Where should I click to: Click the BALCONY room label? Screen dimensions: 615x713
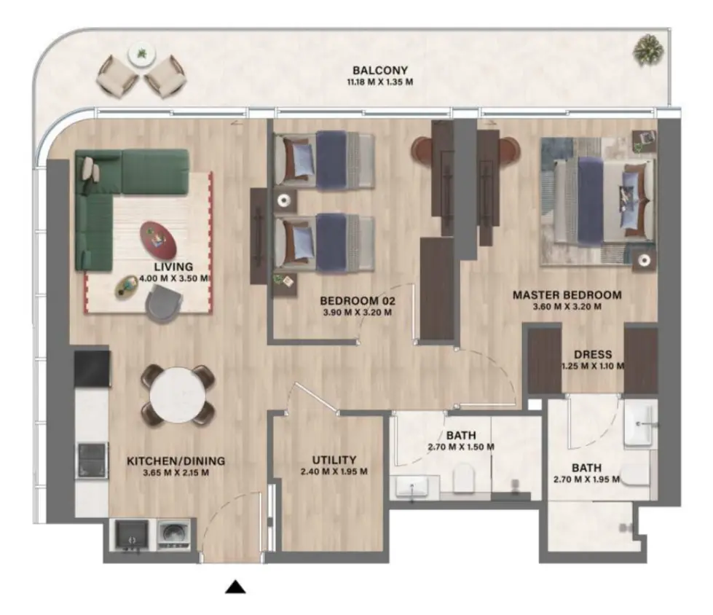click(379, 70)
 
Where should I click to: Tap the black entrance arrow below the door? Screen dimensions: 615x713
click(235, 587)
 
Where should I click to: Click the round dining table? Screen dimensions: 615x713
click(178, 393)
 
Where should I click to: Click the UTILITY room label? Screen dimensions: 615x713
click(334, 460)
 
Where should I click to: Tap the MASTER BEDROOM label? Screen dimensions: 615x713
click(567, 295)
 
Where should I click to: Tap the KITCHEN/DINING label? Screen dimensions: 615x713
click(176, 461)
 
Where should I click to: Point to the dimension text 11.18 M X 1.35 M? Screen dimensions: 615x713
click(379, 82)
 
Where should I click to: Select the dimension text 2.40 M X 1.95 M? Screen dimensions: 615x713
click(334, 471)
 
